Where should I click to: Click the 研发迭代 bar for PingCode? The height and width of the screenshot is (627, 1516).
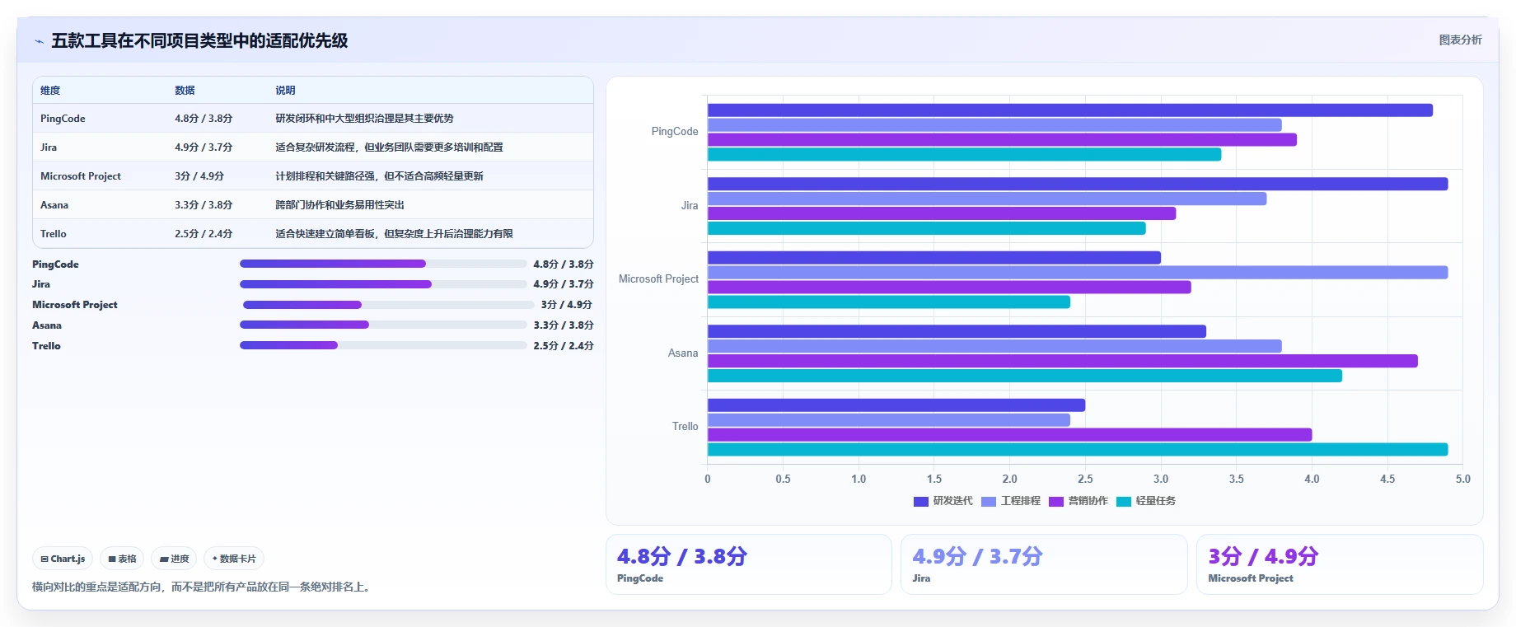tap(1069, 110)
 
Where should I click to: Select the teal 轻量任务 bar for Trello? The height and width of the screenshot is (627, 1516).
tap(1078, 450)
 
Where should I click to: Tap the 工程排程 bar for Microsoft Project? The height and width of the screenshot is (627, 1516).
tap(1078, 273)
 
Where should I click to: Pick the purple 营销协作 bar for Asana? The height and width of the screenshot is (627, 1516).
tap(1063, 361)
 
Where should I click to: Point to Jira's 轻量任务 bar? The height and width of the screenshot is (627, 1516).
tap(927, 228)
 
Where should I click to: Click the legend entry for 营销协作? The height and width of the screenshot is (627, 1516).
tap(1079, 501)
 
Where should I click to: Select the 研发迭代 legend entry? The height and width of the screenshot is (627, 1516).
tap(943, 501)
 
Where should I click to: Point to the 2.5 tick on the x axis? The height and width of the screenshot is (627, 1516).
tap(1085, 479)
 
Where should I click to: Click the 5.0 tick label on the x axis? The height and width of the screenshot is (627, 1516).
tap(1462, 479)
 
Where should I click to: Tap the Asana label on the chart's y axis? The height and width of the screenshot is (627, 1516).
tap(683, 353)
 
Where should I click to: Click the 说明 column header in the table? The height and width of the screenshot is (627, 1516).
tap(285, 91)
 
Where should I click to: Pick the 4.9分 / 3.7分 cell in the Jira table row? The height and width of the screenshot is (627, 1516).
tap(204, 147)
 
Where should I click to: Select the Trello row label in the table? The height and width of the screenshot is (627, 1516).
tap(54, 234)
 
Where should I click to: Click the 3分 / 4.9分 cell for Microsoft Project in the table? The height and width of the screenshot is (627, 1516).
tap(199, 176)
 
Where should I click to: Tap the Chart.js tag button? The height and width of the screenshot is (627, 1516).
tap(63, 559)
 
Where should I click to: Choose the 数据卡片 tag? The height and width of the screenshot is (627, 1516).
tap(234, 559)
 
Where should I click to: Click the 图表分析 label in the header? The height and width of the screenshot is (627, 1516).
tap(1460, 40)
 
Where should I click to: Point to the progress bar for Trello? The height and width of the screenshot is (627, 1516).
tap(383, 345)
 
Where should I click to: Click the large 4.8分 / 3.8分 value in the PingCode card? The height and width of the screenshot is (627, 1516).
tap(682, 557)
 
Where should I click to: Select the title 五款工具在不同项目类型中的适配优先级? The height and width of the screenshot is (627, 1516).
tap(199, 40)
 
